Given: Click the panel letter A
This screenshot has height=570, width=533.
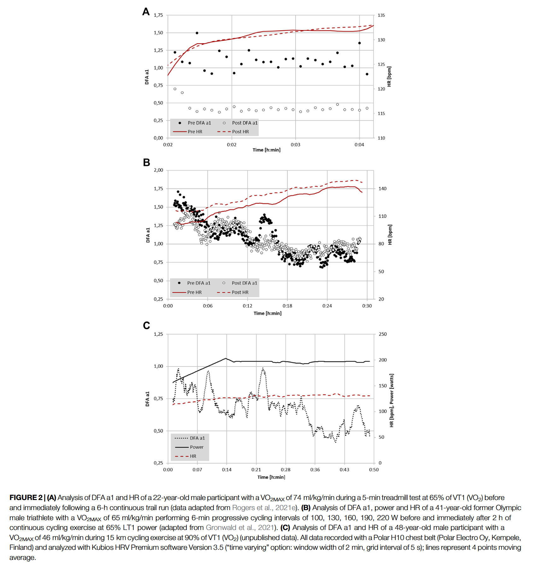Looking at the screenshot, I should tap(146, 12).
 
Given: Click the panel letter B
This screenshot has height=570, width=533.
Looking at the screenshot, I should tap(146, 162).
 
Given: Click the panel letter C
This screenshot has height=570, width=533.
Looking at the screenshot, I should tap(146, 325).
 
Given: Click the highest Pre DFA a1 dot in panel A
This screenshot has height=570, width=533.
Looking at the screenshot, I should tap(197, 33).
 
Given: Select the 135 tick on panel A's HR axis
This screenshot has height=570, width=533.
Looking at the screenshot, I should tap(381, 15).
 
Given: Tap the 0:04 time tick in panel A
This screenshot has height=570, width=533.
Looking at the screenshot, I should tap(359, 145).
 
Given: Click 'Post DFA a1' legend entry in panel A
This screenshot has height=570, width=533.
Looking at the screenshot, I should tap(244, 123).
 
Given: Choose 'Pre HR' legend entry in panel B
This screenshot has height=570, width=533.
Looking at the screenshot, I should tap(194, 292).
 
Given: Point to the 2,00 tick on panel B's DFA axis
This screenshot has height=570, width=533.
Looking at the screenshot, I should tap(158, 170).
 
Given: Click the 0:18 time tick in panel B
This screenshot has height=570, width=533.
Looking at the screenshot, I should tap(287, 306).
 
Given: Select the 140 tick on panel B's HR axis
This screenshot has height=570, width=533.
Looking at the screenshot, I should tap(382, 189).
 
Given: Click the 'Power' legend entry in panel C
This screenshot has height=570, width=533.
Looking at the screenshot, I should tap(196, 447).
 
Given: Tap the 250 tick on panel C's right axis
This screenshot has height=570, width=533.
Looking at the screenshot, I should tap(383, 334).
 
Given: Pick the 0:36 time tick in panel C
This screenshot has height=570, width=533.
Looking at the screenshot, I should tap(315, 470).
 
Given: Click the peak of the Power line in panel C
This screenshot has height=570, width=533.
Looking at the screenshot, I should tap(226, 358).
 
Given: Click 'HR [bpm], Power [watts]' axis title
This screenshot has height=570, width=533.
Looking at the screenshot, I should tap(391, 400).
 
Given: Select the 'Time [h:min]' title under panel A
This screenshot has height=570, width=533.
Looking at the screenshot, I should tap(266, 150).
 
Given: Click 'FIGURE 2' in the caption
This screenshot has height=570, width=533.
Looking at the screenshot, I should tap(26, 497).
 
